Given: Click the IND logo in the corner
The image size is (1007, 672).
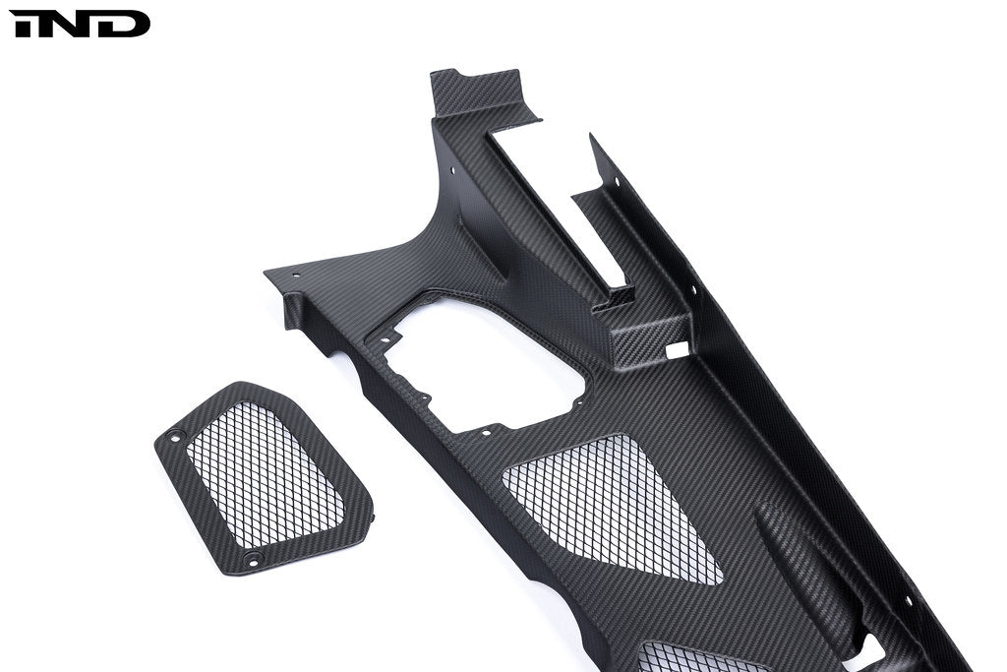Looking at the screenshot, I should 79,24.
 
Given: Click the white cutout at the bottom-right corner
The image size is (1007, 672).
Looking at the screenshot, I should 865,649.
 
